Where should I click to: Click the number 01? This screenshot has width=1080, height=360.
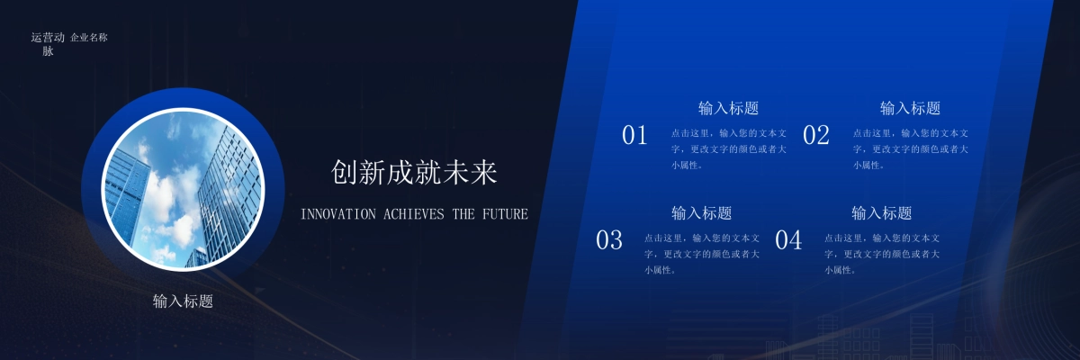pos(634,136)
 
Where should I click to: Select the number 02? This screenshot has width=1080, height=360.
pos(815,136)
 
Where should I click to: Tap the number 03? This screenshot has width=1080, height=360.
pos(609,240)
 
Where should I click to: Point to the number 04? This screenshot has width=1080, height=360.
pos(788,240)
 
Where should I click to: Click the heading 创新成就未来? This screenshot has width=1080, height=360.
pos(414,173)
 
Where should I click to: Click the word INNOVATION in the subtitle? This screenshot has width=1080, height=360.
pos(338,214)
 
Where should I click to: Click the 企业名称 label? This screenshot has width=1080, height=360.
pos(89,38)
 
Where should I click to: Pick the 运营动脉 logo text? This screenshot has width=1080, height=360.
pos(48,44)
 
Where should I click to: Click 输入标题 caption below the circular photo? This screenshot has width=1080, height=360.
pos(183,301)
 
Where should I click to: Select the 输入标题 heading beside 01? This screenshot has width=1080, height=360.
pos(728,108)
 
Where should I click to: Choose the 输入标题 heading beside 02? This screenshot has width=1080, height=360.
pos(910,108)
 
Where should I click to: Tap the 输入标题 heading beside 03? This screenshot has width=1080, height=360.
pos(701,213)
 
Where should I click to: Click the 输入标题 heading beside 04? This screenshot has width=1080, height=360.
pos(881,213)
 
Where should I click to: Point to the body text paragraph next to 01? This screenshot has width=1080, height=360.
pos(728,148)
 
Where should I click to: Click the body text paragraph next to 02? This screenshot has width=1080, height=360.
pos(910,148)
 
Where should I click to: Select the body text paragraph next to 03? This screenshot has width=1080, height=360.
pos(701,254)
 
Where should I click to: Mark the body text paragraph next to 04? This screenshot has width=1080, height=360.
pos(881,254)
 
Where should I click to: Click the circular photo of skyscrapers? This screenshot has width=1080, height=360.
pos(183,189)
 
